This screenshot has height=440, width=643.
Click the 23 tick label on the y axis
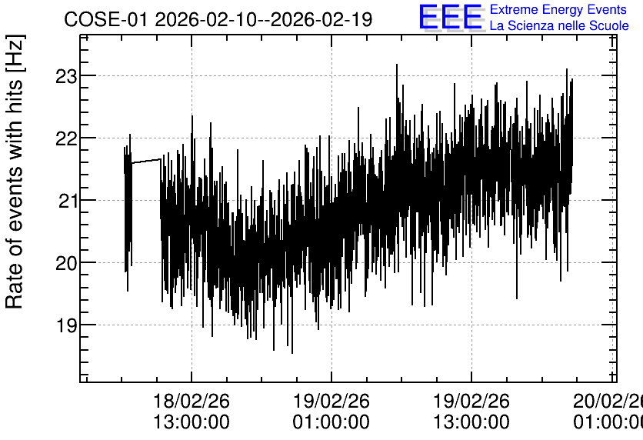click(x=66, y=76)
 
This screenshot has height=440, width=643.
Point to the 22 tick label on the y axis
click(x=66, y=139)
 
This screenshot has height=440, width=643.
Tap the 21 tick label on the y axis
click(x=67, y=202)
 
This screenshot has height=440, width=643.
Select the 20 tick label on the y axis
click(x=66, y=264)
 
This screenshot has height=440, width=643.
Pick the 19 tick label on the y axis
click(x=67, y=326)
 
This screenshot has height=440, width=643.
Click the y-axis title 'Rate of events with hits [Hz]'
click(x=15, y=172)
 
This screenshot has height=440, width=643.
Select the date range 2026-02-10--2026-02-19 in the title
click(x=264, y=20)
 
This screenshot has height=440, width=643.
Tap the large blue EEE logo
click(x=451, y=17)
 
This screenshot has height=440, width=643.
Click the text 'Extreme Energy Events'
click(x=558, y=9)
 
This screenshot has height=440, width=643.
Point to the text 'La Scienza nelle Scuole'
click(x=559, y=26)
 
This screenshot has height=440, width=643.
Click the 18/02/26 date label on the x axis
click(x=192, y=401)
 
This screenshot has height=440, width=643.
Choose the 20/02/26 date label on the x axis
click(x=608, y=401)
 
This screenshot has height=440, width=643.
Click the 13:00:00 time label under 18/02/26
click(x=192, y=422)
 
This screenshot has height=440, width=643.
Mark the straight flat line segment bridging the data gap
click(x=146, y=161)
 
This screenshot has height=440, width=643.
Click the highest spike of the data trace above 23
click(x=397, y=65)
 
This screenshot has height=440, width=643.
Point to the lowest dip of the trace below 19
click(x=292, y=352)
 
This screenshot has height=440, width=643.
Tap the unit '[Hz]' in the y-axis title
click(x=15, y=53)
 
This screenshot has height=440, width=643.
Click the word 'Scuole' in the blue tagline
click(x=608, y=26)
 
